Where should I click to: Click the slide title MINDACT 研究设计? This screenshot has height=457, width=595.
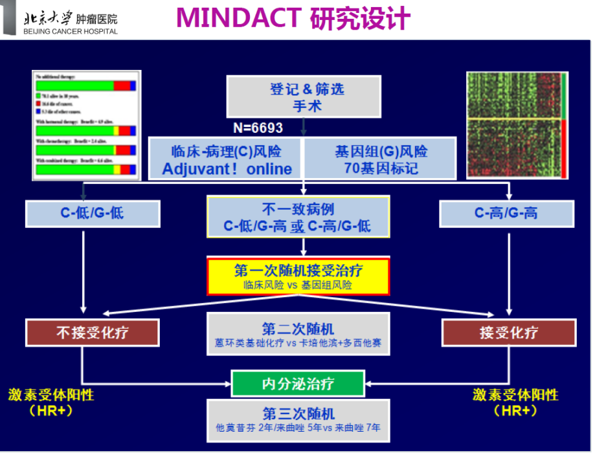(x=293, y=18)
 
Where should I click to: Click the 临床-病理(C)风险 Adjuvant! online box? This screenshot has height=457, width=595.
(x=227, y=159)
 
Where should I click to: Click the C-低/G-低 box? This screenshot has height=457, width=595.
(x=93, y=213)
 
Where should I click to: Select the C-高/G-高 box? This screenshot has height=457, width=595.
(x=506, y=213)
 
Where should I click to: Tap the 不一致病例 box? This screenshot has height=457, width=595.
(x=298, y=217)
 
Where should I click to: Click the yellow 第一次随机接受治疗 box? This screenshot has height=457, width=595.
(x=298, y=276)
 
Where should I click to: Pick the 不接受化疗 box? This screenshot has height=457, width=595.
(x=93, y=332)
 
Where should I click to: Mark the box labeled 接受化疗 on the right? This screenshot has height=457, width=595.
(x=508, y=332)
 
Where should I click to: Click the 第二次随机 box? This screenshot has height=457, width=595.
(x=298, y=334)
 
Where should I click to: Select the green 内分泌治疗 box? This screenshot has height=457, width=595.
(x=298, y=383)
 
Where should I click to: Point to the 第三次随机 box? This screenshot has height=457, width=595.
(x=298, y=420)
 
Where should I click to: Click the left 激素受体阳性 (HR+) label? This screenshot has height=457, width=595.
(x=51, y=403)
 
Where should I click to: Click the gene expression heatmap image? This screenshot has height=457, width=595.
(x=517, y=125)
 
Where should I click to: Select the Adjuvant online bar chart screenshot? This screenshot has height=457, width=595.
(x=86, y=124)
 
